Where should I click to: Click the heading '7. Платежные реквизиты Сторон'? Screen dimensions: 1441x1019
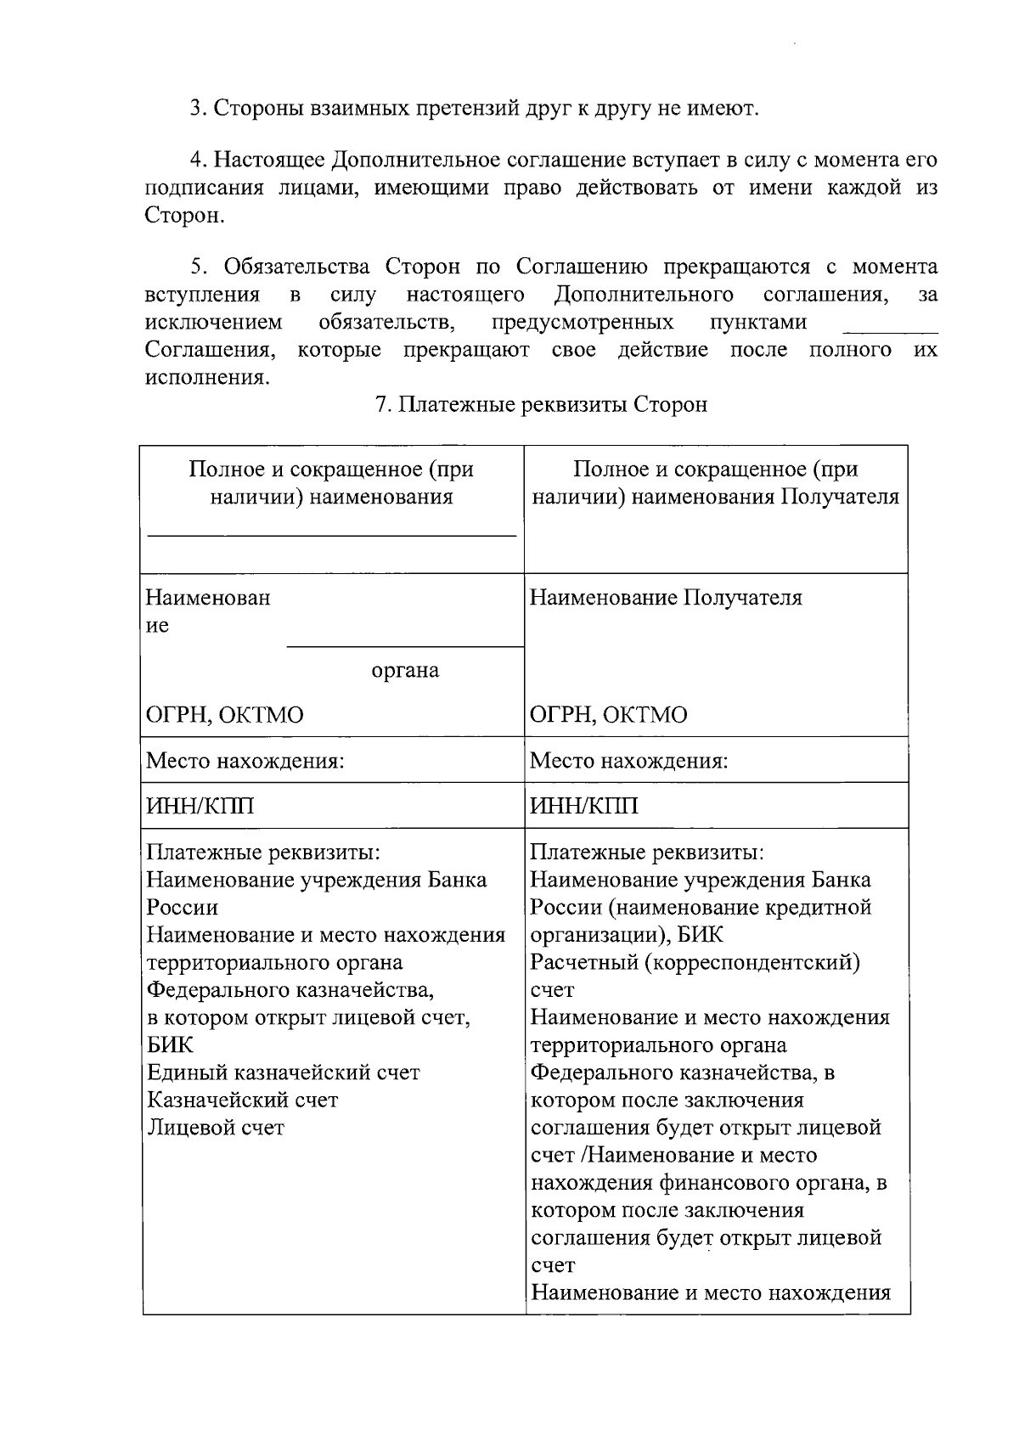click(x=541, y=405)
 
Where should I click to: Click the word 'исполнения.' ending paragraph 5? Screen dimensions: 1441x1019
click(x=207, y=377)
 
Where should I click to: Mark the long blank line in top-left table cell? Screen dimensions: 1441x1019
click(x=332, y=535)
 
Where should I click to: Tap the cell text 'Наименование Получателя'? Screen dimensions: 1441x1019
click(x=666, y=598)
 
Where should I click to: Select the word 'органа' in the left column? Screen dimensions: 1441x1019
click(x=405, y=671)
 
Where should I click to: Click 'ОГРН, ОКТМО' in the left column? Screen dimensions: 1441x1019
click(x=225, y=715)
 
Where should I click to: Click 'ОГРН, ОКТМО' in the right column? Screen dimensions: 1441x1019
click(x=609, y=715)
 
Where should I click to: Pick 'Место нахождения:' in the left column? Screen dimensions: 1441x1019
click(x=245, y=760)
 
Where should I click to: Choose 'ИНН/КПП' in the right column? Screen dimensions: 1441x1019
click(x=583, y=806)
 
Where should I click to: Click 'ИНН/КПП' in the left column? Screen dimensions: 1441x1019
click(x=200, y=806)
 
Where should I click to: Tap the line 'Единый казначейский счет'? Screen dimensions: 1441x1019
click(x=284, y=1072)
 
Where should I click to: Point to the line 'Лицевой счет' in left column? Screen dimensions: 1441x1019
click(x=216, y=1128)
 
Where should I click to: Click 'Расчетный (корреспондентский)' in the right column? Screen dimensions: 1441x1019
click(x=695, y=963)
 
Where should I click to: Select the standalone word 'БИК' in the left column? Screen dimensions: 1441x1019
click(x=170, y=1045)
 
